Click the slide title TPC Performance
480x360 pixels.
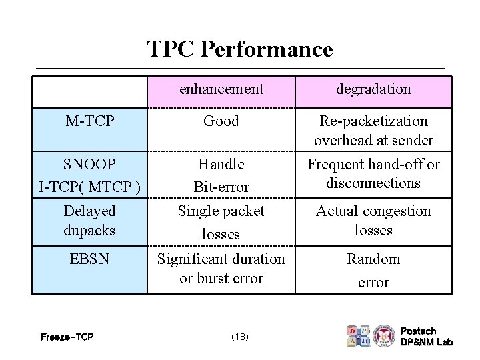(239, 49)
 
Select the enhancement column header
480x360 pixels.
(221, 89)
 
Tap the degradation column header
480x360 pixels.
(373, 89)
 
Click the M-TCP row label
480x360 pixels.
(89, 121)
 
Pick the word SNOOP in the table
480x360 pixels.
(89, 164)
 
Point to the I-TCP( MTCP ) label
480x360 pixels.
(89, 187)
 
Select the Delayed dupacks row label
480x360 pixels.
(89, 221)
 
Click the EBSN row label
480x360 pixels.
(89, 259)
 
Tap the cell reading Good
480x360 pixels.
(221, 121)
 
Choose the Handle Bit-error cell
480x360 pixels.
(221, 175)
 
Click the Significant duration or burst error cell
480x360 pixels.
(221, 269)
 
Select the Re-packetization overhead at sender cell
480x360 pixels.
(373, 131)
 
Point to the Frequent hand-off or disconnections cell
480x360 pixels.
(373, 173)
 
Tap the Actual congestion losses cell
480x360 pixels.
(373, 221)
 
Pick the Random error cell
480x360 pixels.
(373, 271)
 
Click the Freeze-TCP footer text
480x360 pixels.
(67, 337)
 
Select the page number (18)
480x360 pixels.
(239, 337)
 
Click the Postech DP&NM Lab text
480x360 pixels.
(426, 337)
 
